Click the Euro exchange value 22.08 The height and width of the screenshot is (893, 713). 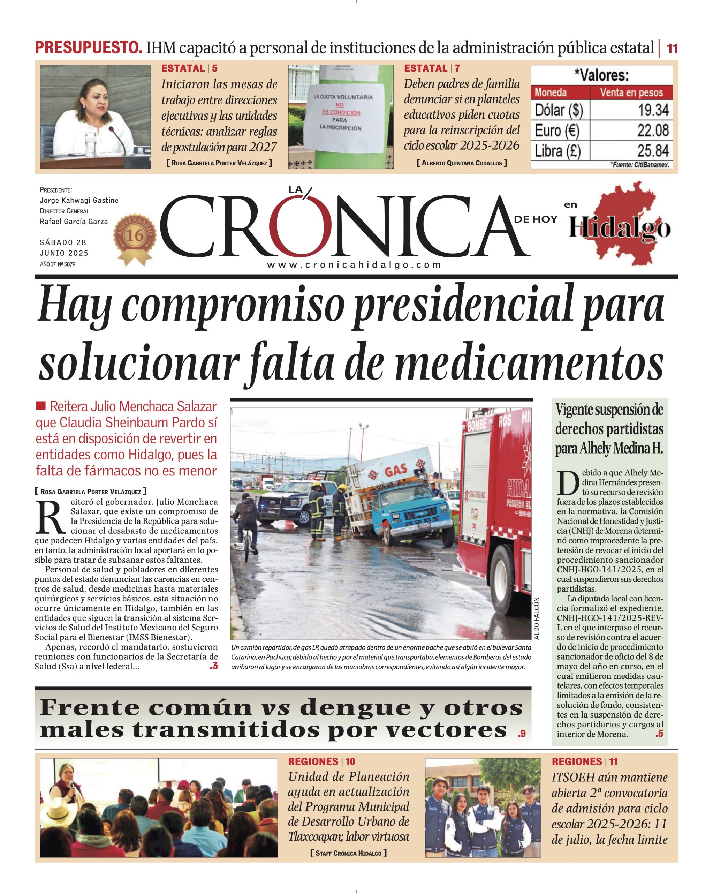click(x=653, y=130)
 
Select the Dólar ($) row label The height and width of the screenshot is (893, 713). click(x=559, y=110)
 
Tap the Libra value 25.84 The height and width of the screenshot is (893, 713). click(x=653, y=150)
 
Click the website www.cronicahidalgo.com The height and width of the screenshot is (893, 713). click(x=354, y=265)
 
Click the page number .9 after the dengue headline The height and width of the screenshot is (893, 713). click(x=521, y=734)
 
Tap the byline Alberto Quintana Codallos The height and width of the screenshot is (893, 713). click(x=462, y=163)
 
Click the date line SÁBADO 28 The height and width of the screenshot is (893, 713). click(x=63, y=242)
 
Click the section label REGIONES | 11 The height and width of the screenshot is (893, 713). click(x=585, y=761)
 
